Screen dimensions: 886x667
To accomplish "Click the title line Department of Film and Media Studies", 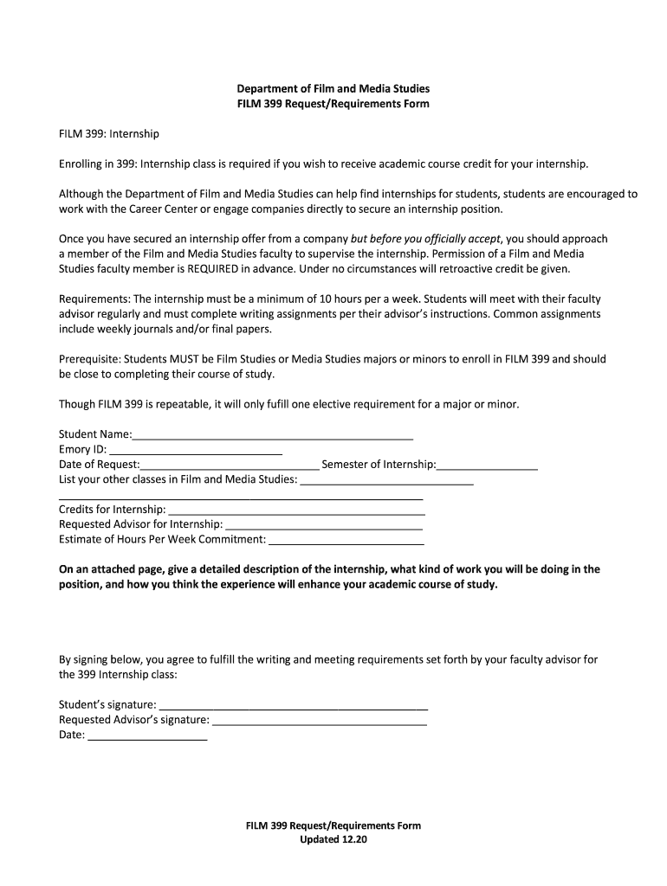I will tap(333, 88).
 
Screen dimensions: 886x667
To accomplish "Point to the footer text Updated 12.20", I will tap(333, 840).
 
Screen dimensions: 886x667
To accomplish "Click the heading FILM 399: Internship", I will tap(109, 134).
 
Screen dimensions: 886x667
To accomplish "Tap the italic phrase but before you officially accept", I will tap(419, 238).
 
